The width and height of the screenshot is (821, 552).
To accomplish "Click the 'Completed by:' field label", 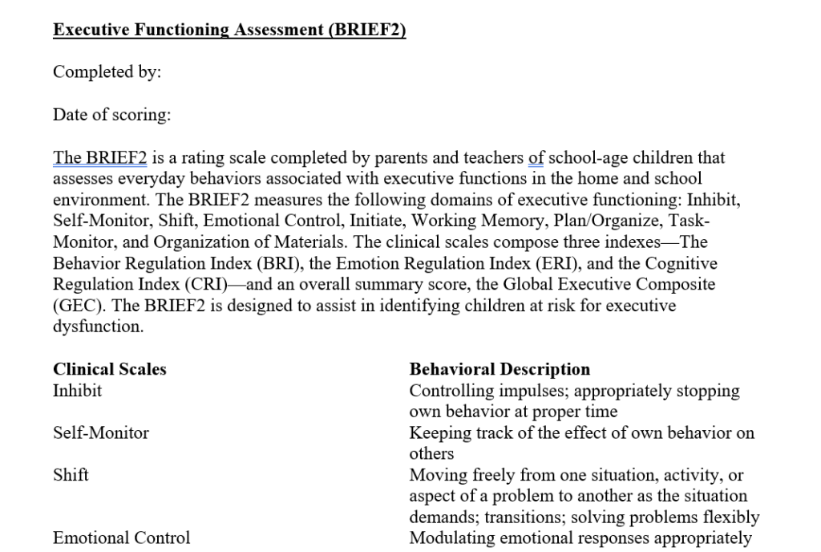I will click(x=107, y=72).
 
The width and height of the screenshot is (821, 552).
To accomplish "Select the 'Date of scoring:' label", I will click(x=111, y=115).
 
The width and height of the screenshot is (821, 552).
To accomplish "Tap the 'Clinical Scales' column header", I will click(x=110, y=370).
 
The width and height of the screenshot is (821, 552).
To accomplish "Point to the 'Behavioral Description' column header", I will click(x=499, y=370).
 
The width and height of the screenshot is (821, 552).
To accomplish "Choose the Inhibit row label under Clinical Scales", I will click(x=77, y=391).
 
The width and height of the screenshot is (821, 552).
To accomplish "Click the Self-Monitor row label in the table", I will click(x=100, y=433).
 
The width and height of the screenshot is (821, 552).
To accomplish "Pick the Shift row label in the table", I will click(x=71, y=475).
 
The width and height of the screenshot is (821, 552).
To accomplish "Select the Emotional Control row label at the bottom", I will click(x=121, y=538).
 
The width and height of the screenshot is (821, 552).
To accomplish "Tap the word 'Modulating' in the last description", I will click(x=449, y=538).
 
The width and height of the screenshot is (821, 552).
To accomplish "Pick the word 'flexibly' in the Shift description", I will click(x=731, y=517).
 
